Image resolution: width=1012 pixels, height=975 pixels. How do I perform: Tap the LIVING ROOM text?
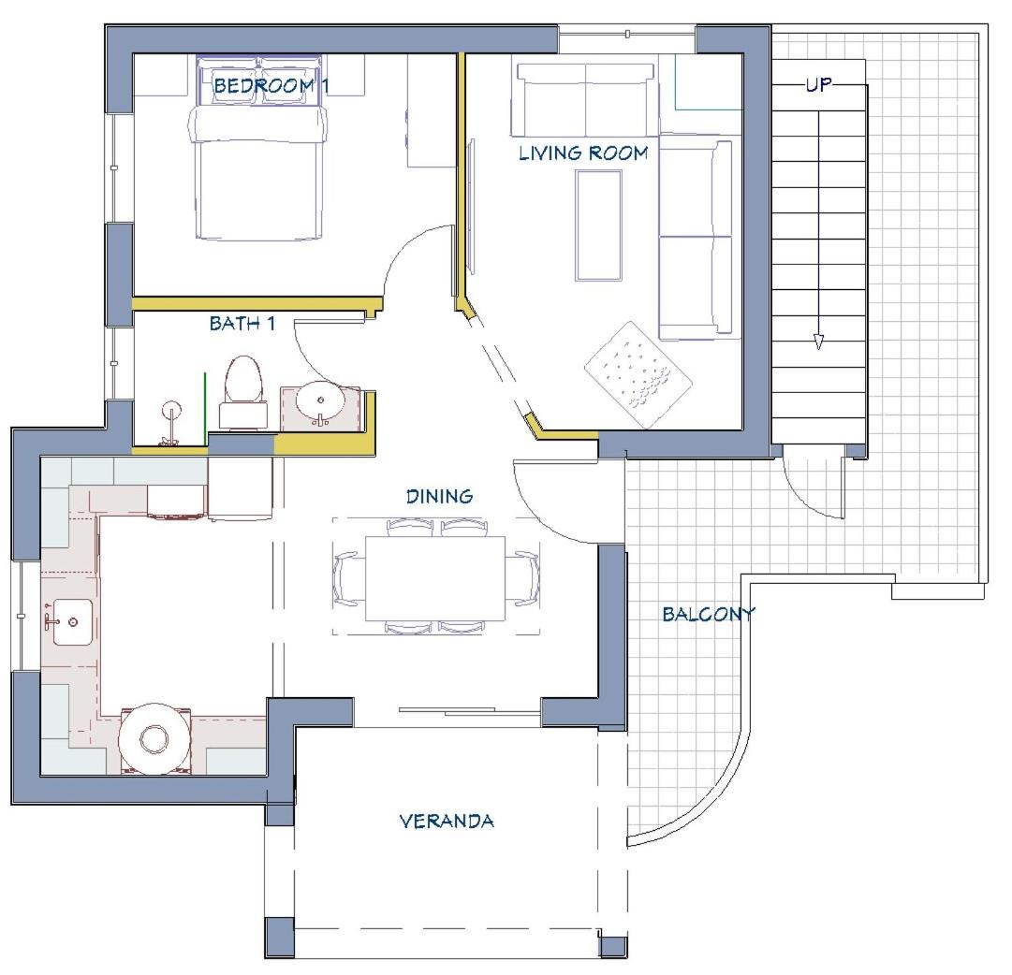(x=584, y=153)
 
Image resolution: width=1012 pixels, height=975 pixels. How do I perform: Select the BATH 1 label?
(x=242, y=323)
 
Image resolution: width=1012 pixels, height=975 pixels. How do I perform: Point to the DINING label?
(x=439, y=496)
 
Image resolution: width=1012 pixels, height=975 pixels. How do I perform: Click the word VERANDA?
(x=447, y=822)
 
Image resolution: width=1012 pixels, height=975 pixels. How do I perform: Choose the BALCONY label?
(x=709, y=615)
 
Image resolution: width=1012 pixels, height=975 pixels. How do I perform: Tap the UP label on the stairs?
(x=819, y=84)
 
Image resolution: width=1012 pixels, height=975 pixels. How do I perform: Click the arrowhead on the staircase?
(x=818, y=342)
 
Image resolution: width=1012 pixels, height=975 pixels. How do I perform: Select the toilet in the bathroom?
(x=243, y=392)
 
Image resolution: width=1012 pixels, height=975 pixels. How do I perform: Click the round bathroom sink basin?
(x=320, y=401)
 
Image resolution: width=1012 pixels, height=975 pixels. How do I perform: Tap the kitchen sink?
(x=72, y=622)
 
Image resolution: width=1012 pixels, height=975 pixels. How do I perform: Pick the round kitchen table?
(x=154, y=739)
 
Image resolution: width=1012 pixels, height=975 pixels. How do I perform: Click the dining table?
(x=435, y=578)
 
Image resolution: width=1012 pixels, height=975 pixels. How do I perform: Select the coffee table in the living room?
(x=599, y=226)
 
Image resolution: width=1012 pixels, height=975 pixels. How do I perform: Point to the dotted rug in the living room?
(x=638, y=375)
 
